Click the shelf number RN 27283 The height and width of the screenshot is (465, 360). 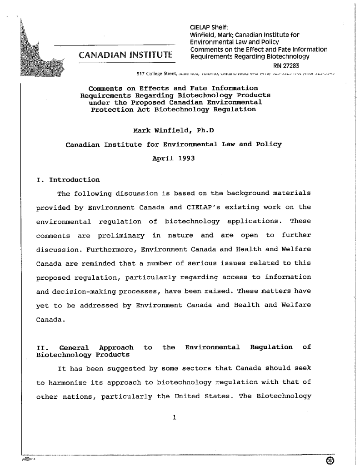pos(285,64)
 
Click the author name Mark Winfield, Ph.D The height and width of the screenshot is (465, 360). pos(173,131)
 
